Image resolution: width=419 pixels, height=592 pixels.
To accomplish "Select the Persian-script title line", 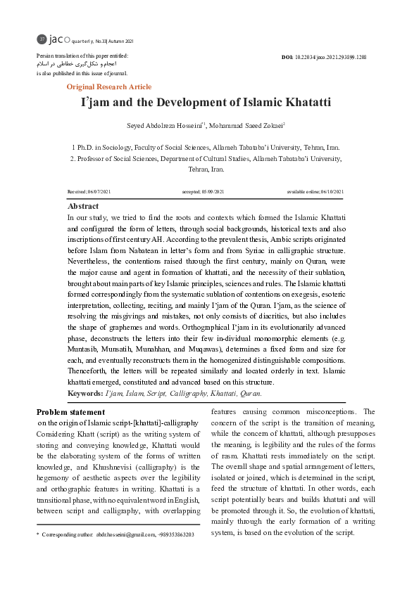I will click(x=75, y=64).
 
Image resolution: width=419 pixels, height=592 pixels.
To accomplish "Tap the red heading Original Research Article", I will click(x=108, y=86).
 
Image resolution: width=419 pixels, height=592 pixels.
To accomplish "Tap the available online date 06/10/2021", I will click(x=330, y=192).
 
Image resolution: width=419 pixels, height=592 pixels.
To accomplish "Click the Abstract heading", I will click(x=82, y=207).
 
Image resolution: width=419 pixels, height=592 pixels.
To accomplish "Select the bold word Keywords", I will click(x=85, y=394).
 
